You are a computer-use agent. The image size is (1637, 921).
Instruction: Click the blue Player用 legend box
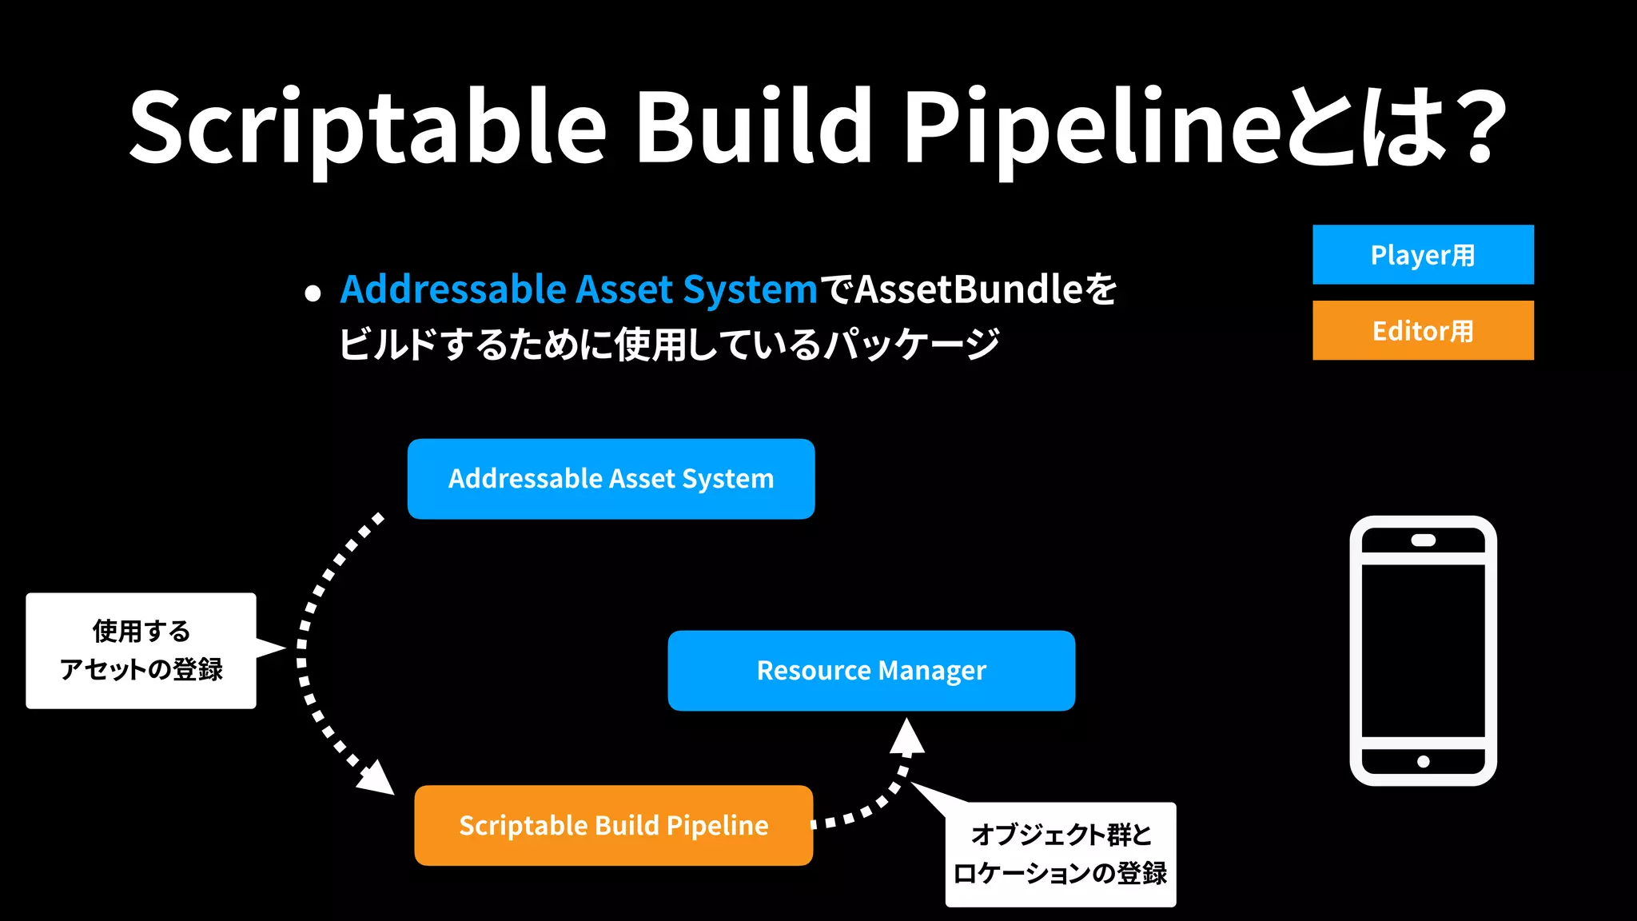click(x=1423, y=255)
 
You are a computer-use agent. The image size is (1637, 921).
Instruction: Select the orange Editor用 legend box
click(x=1423, y=330)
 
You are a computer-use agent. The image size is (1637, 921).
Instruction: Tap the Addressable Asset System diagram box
click(x=611, y=479)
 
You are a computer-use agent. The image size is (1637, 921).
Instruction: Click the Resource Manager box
click(x=871, y=671)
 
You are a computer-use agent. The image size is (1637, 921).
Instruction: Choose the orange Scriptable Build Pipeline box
click(x=613, y=825)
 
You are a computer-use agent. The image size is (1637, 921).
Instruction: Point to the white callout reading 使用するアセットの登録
click(x=141, y=651)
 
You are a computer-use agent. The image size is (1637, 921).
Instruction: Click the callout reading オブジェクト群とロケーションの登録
click(x=1060, y=855)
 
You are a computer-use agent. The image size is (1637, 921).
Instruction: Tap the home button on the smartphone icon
click(x=1423, y=761)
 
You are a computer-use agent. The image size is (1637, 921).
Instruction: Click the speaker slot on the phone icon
click(x=1423, y=540)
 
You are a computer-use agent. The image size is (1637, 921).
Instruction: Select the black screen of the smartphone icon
click(x=1423, y=651)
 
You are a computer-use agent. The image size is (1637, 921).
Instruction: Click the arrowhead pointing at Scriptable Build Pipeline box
click(x=377, y=779)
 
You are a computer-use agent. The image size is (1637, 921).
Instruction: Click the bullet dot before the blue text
click(x=313, y=293)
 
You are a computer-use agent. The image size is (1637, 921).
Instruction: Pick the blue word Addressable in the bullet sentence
click(x=452, y=289)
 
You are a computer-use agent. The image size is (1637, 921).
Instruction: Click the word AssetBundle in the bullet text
click(x=968, y=289)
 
